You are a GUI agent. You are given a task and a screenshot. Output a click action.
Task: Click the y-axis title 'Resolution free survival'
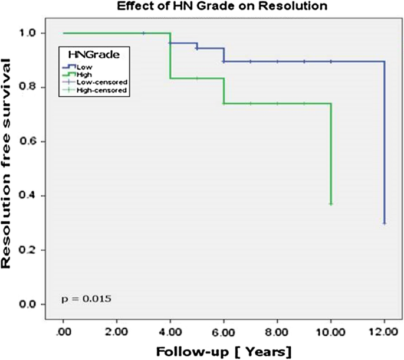[11, 166]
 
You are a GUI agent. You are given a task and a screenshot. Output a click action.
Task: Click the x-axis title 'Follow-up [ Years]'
[224, 352]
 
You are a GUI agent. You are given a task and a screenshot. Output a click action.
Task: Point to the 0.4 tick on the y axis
[40, 196]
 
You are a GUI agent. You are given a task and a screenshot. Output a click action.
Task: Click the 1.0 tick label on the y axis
[40, 33]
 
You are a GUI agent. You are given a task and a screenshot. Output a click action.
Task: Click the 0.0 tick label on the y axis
[40, 305]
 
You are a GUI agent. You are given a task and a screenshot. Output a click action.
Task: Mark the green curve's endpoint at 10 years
[331, 204]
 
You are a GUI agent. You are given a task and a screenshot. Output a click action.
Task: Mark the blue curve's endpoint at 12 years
[385, 223]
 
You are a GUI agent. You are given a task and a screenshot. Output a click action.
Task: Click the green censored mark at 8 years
[277, 103]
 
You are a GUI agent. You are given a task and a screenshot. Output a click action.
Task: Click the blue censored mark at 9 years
[304, 61]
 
